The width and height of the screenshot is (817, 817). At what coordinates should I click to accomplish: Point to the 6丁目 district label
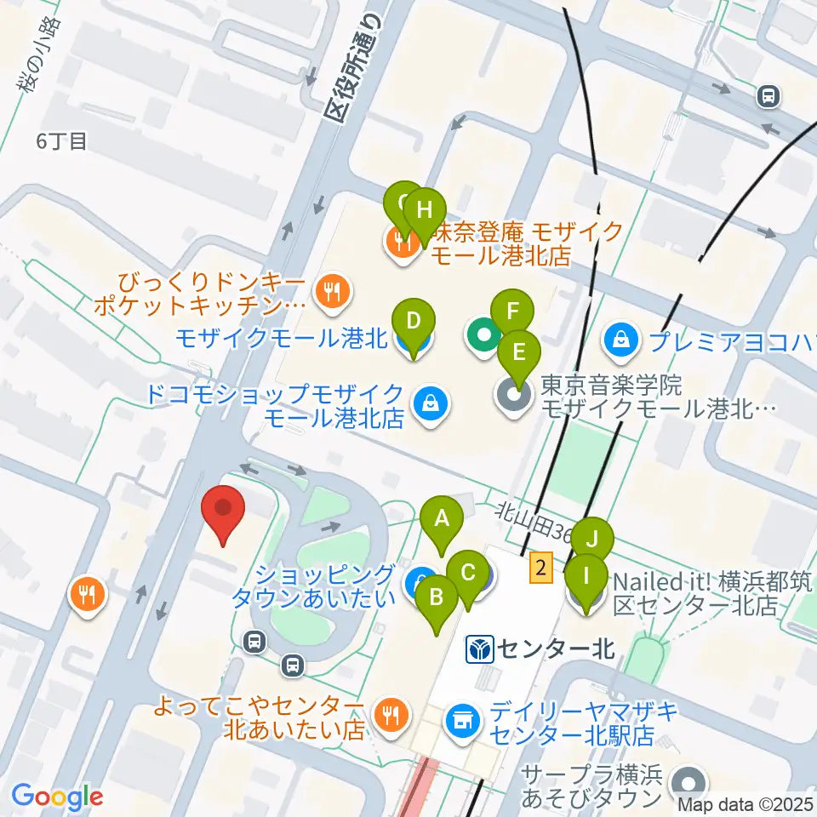coord(61,141)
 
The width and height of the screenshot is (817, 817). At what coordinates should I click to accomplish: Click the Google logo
coord(57,797)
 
